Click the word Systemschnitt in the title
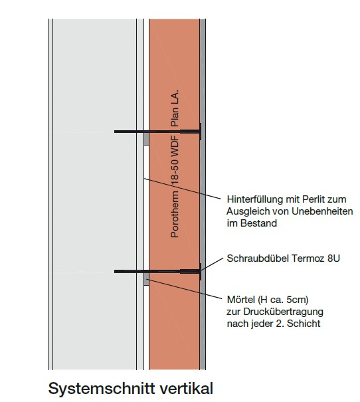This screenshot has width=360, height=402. pos(102,388)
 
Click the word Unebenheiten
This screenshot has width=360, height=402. pos(322,211)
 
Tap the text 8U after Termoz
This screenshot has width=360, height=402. pos(333,258)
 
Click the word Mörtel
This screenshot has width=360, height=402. pos(241,299)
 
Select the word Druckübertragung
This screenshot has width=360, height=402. pos(284,312)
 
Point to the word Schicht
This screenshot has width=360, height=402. pos(304,324)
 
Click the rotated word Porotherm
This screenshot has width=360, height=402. pos(175,215)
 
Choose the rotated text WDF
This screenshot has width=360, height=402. pos(175,146)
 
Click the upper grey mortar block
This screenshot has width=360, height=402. pos(146,139)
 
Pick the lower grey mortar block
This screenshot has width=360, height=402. pos(146,279)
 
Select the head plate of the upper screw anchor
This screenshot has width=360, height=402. pos(200,132)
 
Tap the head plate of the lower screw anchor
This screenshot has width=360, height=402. pos(200,272)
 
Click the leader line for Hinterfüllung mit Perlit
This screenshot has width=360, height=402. pos(182,189)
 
